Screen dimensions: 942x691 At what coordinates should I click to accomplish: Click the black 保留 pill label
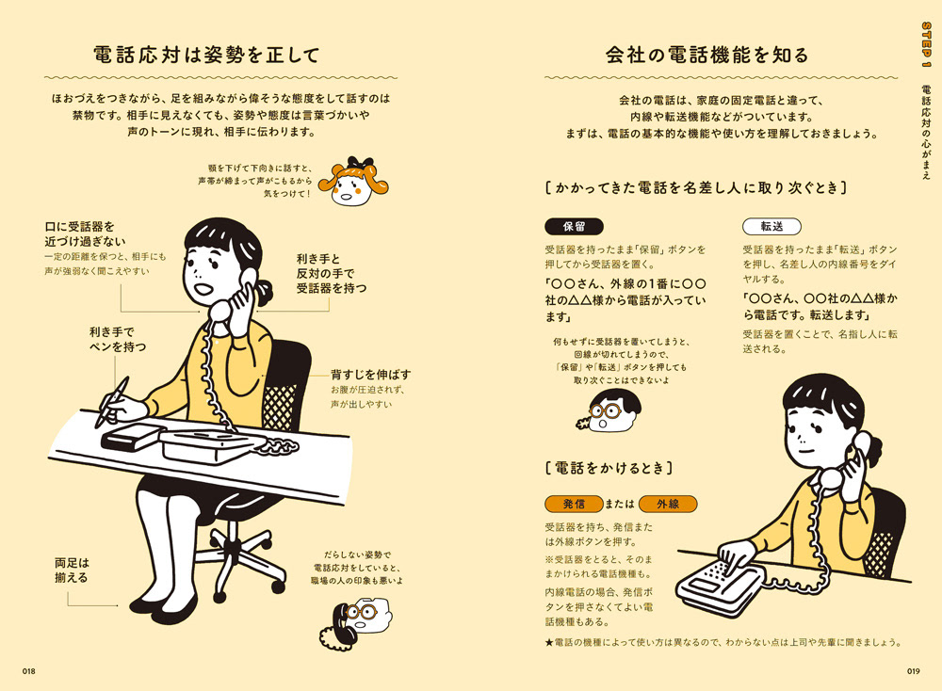coord(574,226)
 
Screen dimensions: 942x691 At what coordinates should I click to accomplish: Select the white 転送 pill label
coord(771,226)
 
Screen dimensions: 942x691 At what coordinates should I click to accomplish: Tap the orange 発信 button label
coord(574,504)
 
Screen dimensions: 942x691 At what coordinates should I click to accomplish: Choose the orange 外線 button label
coord(668,504)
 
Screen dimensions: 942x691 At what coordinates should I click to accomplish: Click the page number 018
coord(29,671)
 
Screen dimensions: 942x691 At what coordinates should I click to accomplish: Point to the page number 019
coord(913,671)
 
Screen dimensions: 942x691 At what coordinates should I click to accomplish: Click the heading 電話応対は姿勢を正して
coord(206,56)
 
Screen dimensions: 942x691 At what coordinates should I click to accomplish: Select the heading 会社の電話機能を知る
coord(707,56)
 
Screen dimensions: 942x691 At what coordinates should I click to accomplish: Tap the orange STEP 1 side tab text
coord(926,44)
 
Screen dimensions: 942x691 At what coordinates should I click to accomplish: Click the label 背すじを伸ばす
coord(370,375)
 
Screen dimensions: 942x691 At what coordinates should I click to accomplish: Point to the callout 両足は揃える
coord(72,570)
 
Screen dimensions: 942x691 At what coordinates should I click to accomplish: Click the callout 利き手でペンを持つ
coord(117,339)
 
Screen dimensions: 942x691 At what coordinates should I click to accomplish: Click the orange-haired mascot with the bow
coord(353,182)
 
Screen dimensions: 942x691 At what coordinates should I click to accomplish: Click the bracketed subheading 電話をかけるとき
coord(609,468)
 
